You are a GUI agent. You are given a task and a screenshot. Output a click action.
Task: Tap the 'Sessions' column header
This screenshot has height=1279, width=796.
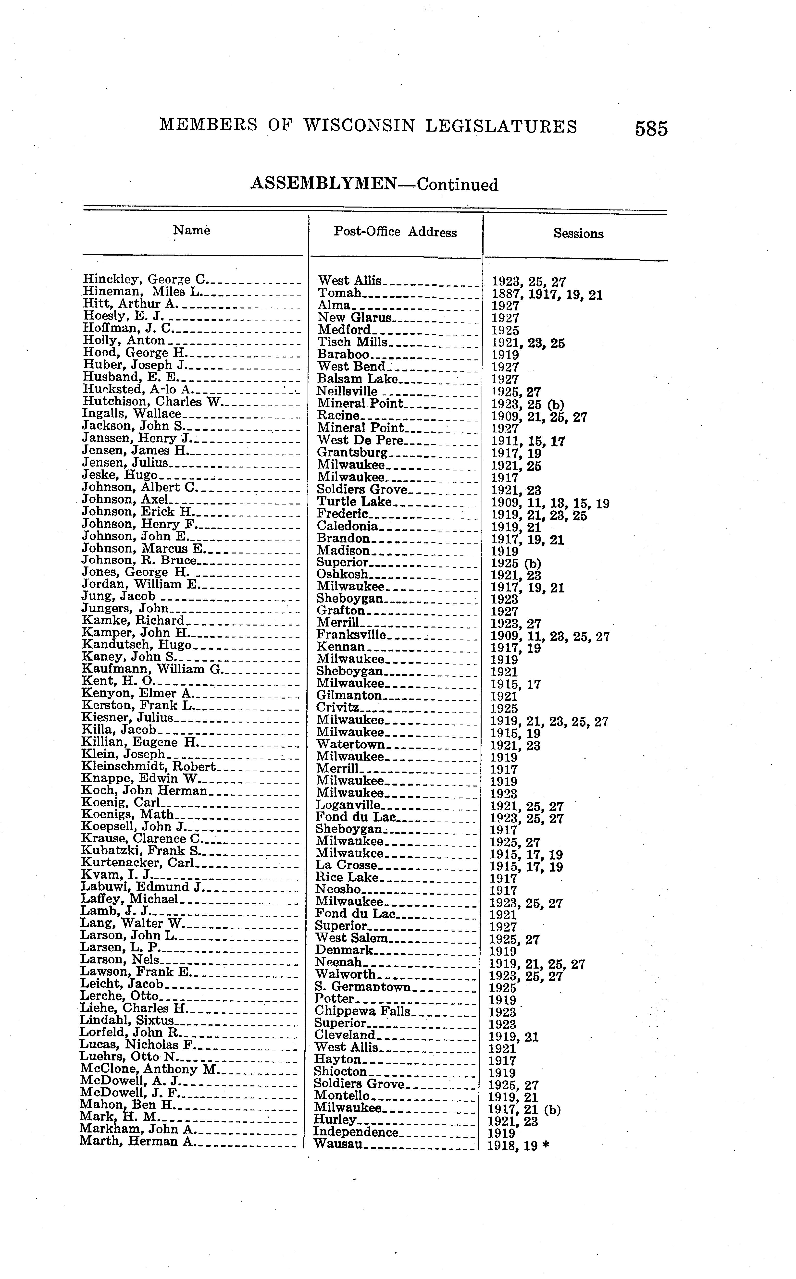tap(578, 234)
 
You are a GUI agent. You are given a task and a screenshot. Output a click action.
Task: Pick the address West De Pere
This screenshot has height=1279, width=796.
tap(360, 440)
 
